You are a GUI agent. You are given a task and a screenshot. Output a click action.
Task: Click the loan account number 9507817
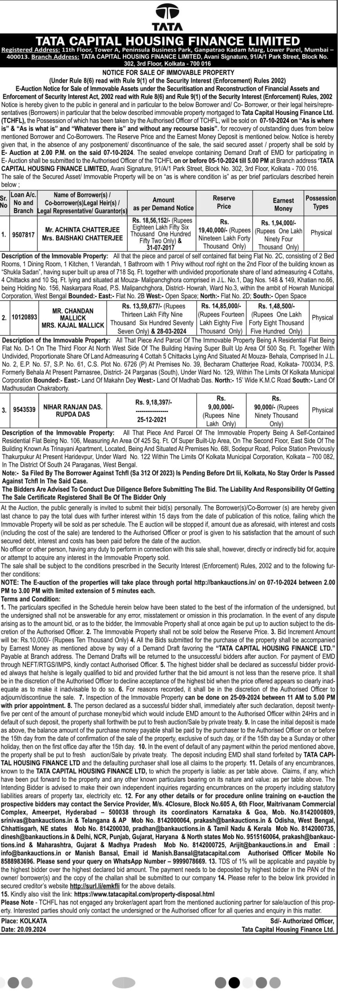coord(24,235)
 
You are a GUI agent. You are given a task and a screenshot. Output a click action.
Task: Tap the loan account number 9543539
coord(24,410)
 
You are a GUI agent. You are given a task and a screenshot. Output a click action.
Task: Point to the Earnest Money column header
coord(283,204)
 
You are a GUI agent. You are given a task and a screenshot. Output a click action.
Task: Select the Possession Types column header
coord(320,202)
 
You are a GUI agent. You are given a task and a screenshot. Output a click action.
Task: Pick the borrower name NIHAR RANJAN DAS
coord(73,407)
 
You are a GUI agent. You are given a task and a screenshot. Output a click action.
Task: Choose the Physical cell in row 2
coord(322,317)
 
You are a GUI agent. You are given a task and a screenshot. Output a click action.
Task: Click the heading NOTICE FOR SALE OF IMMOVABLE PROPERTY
coord(168,72)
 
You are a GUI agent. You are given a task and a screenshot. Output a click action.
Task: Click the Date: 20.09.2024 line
coord(24,918)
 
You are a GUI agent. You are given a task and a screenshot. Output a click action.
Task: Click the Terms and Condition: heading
coord(31,599)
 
